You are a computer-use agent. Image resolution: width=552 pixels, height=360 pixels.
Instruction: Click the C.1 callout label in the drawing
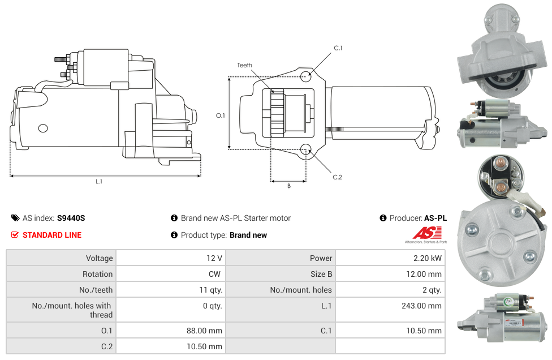click(x=338, y=48)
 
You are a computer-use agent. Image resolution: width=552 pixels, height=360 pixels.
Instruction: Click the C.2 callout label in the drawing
click(x=337, y=177)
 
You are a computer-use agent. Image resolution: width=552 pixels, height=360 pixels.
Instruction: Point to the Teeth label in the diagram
click(x=244, y=65)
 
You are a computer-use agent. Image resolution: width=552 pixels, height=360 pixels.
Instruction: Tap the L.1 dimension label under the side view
click(x=99, y=182)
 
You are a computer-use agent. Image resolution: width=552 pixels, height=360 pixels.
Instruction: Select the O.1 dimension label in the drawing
click(x=221, y=115)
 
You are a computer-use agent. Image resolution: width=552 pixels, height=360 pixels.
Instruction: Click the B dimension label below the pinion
click(x=288, y=186)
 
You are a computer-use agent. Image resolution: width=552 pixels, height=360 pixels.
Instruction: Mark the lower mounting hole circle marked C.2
click(x=306, y=149)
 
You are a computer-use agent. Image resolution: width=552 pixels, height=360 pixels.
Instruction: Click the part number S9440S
click(x=71, y=218)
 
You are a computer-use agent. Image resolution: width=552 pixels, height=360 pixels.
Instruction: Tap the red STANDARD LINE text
click(x=52, y=235)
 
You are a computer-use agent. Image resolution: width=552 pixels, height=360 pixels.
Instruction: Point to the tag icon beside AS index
click(x=15, y=218)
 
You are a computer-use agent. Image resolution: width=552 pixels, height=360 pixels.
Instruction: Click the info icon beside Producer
click(x=383, y=218)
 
